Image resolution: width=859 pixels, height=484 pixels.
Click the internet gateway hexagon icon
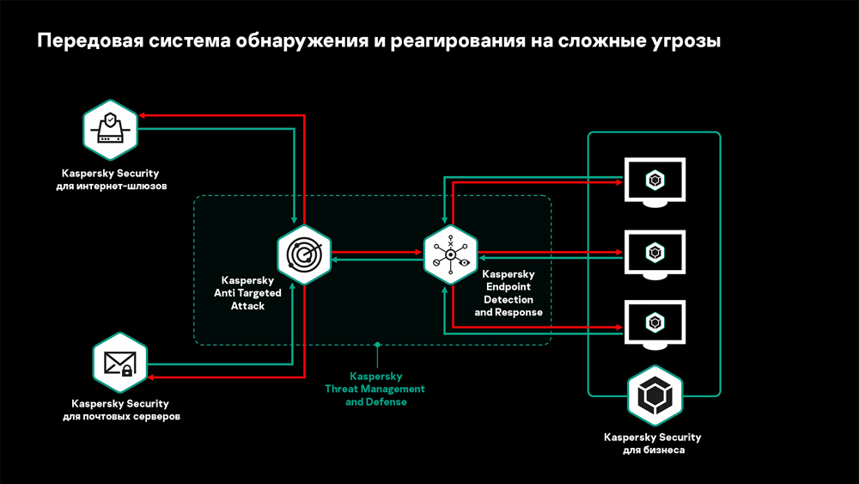pos(110,130)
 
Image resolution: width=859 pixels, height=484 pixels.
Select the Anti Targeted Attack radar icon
pos(304,254)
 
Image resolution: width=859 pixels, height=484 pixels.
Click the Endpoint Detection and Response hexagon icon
pos(450,254)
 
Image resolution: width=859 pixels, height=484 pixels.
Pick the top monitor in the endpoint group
pos(655,181)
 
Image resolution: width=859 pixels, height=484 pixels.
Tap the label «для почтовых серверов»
pos(120,417)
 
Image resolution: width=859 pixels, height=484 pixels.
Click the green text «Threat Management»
pos(375,389)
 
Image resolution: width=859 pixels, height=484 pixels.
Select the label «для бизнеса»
pos(654,450)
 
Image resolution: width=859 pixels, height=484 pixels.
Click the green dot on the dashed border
pos(376,345)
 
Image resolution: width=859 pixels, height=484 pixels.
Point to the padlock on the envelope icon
pos(126,371)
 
